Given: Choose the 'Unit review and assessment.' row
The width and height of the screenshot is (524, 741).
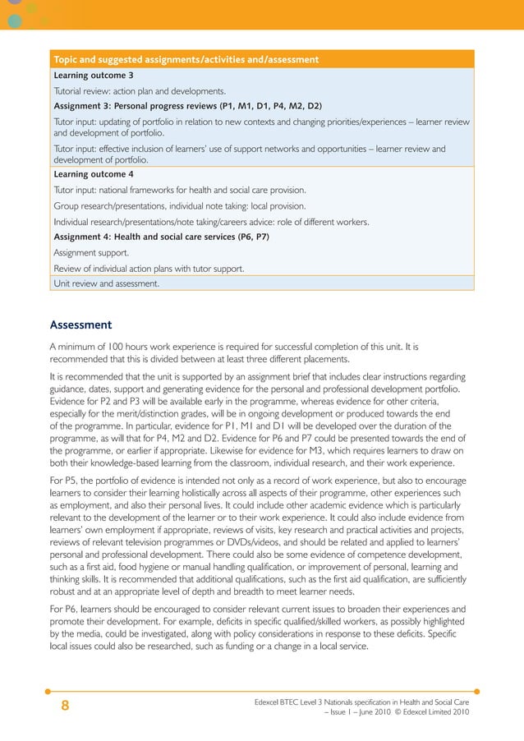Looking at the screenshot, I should pyautogui.click(x=106, y=283).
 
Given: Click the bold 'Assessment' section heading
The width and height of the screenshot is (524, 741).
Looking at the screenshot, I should pyautogui.click(x=80, y=324).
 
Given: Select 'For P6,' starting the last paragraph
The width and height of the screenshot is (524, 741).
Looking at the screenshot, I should pyautogui.click(x=66, y=610).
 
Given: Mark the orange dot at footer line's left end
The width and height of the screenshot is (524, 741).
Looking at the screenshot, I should pyautogui.click(x=48, y=691).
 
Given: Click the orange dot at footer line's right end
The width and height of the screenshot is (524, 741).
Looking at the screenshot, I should pyautogui.click(x=476, y=691).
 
